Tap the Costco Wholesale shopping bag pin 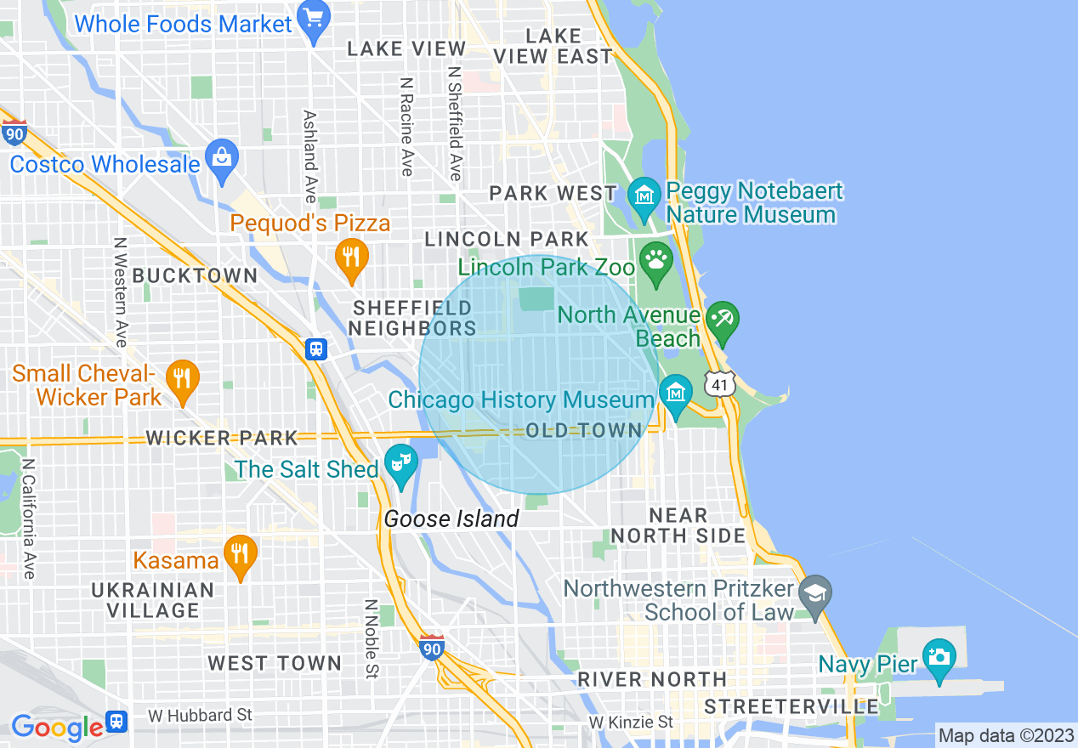222,159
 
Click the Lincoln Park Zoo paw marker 655,258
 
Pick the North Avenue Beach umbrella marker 723,320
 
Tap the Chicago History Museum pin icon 676,394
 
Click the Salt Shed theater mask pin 399,464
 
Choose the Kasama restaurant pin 241,555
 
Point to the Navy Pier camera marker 939,658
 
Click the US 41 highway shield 719,384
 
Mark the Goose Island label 451,518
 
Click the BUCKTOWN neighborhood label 196,275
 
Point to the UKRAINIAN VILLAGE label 153,600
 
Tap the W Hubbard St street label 200,715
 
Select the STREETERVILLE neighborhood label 791,706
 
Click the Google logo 57,727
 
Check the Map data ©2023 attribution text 1003,735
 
